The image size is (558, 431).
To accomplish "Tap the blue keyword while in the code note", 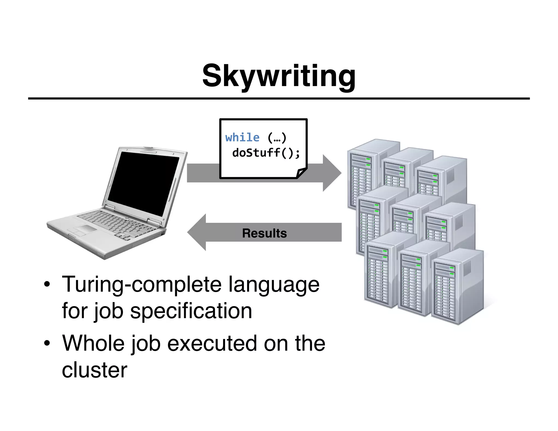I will [242, 137].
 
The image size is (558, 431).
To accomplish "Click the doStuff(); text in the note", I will [266, 153].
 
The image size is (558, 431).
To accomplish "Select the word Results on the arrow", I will [264, 233].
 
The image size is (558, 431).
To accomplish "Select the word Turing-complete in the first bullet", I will [142, 285].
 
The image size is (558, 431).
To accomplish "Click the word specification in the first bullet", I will [191, 311].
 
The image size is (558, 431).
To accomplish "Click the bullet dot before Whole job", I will [47, 344].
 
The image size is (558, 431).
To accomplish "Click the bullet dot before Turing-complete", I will [47, 285].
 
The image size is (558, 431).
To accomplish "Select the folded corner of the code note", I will [301, 173].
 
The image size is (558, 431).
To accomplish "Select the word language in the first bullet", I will [274, 285].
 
